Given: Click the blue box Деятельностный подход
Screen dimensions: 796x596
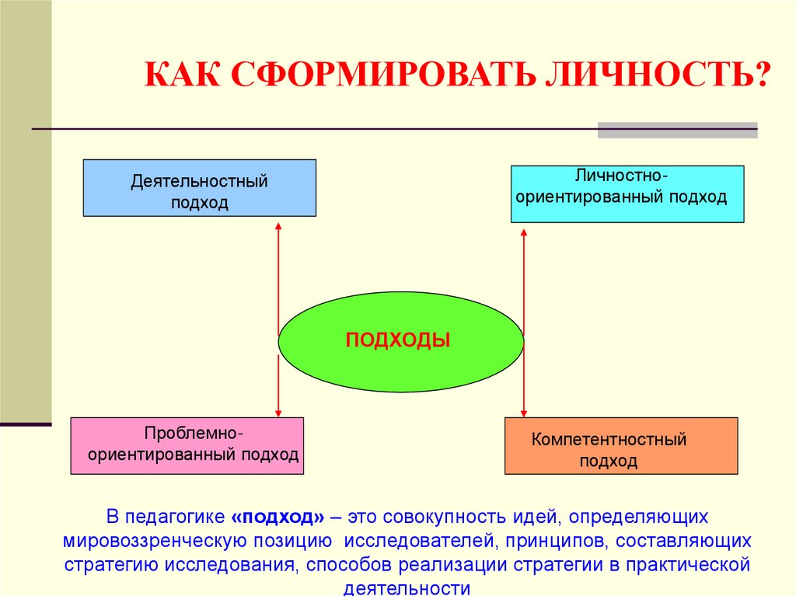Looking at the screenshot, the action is click(200, 188).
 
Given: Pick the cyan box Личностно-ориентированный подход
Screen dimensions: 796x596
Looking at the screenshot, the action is click(627, 194).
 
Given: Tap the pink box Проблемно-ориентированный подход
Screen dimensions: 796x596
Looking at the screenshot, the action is click(187, 446).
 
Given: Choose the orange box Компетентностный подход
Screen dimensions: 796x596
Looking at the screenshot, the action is click(621, 446).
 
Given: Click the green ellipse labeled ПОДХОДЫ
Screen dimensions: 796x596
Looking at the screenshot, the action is click(400, 342).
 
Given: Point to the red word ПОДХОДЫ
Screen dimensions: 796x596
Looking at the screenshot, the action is click(397, 340).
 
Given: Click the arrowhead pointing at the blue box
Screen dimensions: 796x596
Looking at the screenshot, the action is click(278, 226).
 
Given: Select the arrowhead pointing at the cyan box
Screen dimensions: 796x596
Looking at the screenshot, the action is click(524, 232).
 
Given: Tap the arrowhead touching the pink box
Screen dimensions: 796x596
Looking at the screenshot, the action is click(278, 413).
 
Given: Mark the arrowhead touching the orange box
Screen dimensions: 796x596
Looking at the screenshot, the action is click(524, 413).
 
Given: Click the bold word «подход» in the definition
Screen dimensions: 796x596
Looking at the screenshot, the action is click(278, 517).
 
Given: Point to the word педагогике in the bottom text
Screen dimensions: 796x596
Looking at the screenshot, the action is click(175, 517).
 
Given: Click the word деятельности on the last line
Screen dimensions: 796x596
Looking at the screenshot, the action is click(407, 588).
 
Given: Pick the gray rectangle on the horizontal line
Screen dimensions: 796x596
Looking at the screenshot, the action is click(677, 130).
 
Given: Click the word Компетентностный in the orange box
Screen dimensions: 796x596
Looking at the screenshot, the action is click(609, 439).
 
